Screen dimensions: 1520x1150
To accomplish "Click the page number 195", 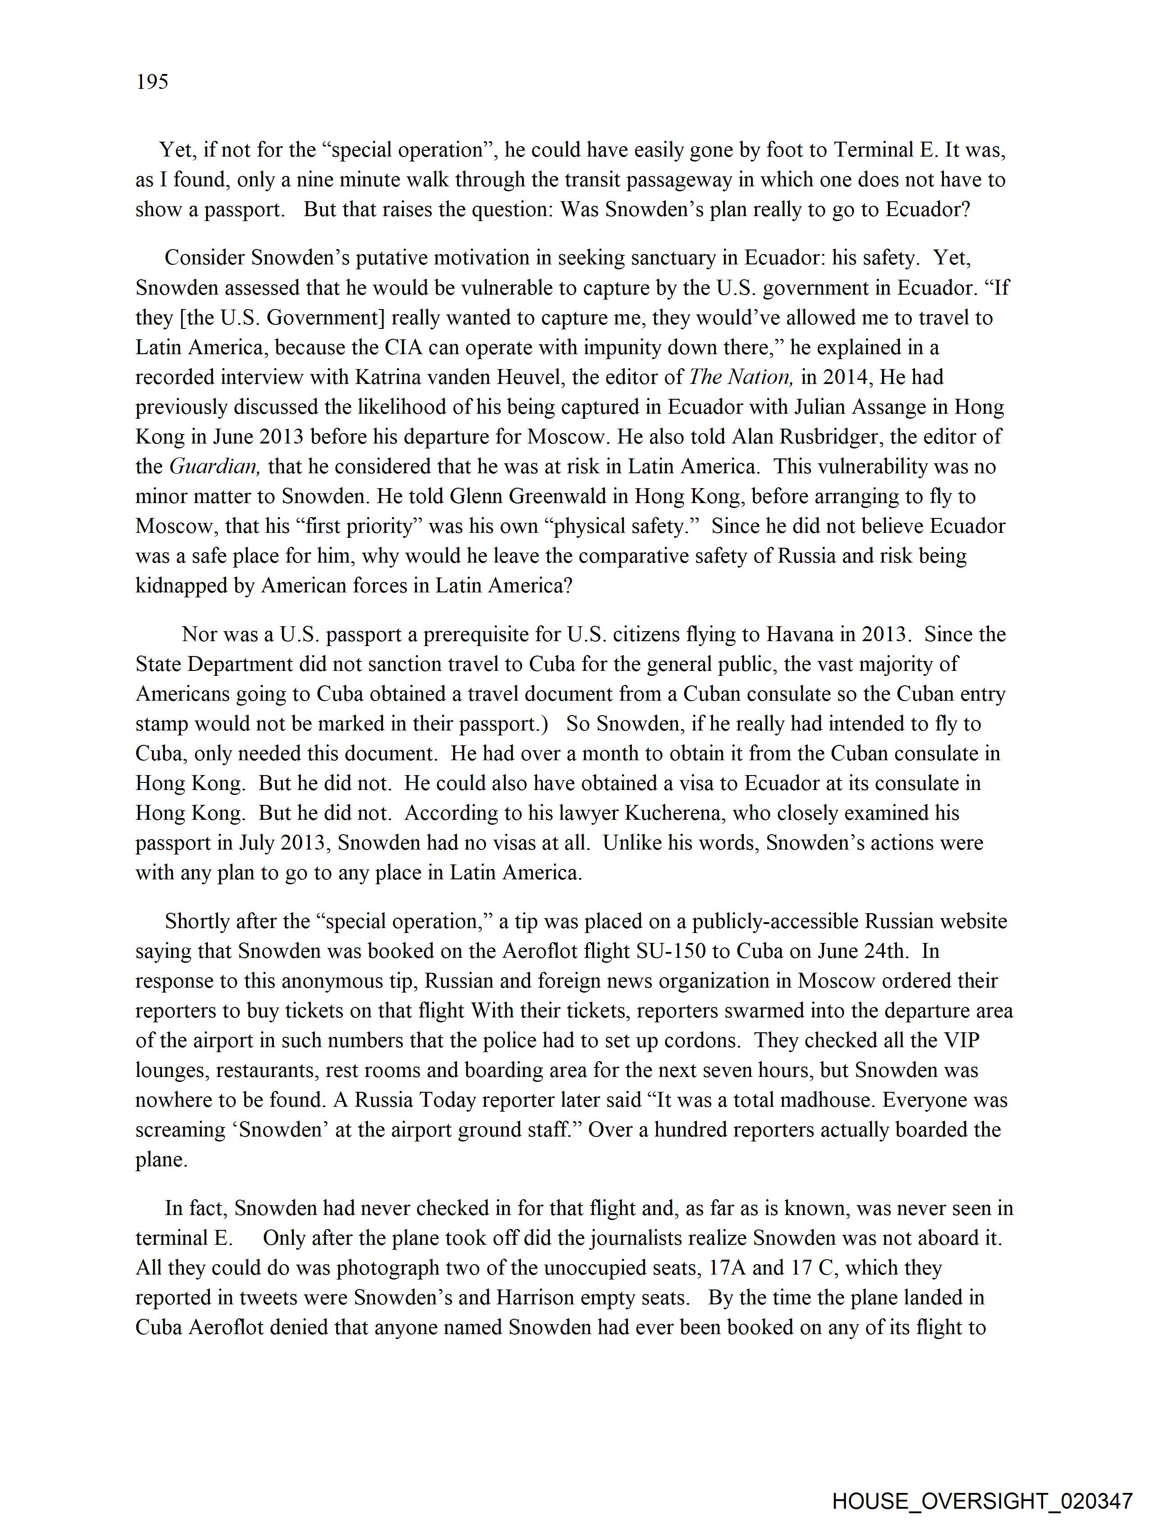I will tap(152, 82).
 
